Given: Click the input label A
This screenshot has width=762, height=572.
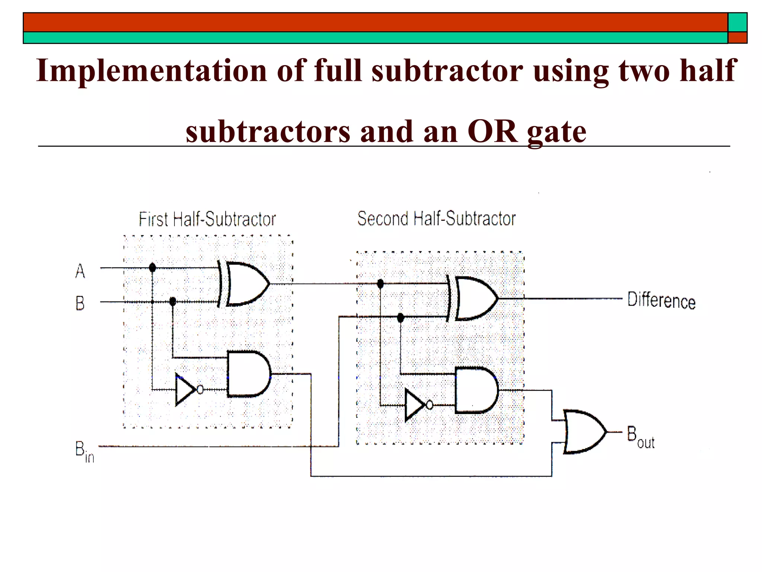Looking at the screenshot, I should click(x=80, y=271).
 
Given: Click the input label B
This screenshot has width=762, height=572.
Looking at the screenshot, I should click(x=80, y=303).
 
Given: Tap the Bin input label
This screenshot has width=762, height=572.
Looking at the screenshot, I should click(x=84, y=451).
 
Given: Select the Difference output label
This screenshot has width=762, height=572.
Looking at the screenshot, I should click(x=661, y=300).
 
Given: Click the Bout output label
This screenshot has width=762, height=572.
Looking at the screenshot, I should click(x=640, y=437).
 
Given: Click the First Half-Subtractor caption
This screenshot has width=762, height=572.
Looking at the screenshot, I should click(x=207, y=219).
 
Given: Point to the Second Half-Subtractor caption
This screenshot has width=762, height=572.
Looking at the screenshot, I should click(x=436, y=219).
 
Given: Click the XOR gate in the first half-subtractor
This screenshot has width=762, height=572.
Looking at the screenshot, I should click(x=246, y=284).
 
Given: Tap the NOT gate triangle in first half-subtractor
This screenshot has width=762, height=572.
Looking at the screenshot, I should click(x=185, y=390).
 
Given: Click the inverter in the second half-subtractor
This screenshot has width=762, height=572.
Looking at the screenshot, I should click(x=415, y=405).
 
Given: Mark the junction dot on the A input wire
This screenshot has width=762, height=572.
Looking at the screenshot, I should click(x=152, y=267).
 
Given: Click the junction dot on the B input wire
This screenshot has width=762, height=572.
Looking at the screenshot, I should click(x=173, y=301).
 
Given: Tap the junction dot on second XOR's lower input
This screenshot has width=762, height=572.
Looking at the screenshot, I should click(x=400, y=318).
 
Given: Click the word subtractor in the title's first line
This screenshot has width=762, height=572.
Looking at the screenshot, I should click(x=447, y=70).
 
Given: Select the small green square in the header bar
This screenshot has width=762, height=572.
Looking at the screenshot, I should click(x=737, y=22).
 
